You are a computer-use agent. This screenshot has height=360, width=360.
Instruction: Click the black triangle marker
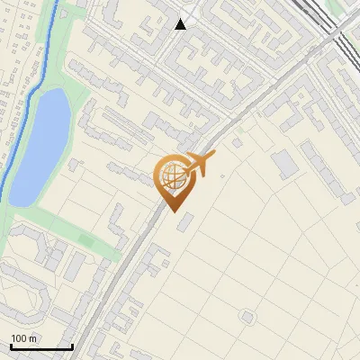point(181,24)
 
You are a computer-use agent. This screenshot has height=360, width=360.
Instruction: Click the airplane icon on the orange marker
point(198,166)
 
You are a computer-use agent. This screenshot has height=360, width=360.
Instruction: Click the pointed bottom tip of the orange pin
point(173,211)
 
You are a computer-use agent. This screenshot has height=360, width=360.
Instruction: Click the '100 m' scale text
point(23,338)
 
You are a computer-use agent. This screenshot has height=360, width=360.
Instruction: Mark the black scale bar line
point(41,346)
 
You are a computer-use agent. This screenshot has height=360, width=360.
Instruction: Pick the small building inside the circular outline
point(247,316)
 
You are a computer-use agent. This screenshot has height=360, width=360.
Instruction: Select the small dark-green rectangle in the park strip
point(87,240)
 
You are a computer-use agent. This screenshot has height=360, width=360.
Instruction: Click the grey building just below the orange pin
point(184,221)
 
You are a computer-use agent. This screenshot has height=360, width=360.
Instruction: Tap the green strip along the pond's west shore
point(13,202)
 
